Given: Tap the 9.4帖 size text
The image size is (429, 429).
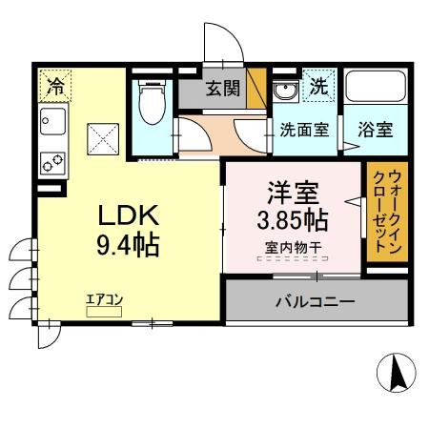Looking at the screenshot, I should coord(127,245).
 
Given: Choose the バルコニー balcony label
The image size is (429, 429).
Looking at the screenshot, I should coord(315,301).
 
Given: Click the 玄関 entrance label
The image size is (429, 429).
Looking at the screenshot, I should coord(225,92).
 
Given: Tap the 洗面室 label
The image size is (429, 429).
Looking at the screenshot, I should coord(305,131).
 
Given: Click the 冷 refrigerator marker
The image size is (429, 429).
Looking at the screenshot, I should coord(56,86).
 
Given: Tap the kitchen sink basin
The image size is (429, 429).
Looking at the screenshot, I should coord(53,122).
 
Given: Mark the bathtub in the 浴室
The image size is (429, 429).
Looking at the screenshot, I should coord(375,90).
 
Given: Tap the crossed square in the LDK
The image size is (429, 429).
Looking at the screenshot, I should coord(102,138).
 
